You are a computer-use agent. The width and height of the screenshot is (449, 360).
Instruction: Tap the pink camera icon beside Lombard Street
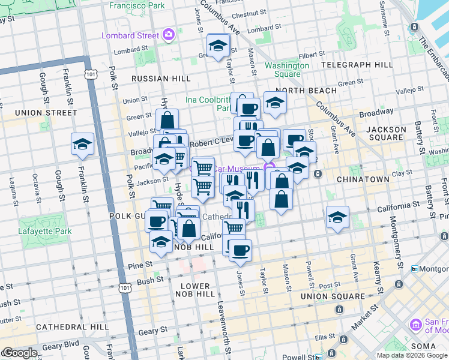click(168, 35)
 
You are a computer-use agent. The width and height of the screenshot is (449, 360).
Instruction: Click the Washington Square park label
click(283, 70)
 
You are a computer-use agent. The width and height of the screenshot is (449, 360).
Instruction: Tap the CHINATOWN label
click(360, 179)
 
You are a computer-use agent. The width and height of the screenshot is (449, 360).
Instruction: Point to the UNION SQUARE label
click(333, 296)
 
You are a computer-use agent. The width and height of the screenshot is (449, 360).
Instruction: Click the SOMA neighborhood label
click(427, 346)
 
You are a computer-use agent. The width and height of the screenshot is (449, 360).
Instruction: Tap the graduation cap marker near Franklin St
click(82, 144)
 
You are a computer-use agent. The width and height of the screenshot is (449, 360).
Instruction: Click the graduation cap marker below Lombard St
click(218, 46)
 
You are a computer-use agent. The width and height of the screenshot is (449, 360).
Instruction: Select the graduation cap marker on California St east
click(338, 218)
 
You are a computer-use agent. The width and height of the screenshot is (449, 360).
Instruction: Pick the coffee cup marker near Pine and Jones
click(240, 251)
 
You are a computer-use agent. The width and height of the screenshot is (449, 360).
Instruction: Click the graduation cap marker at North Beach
click(275, 103)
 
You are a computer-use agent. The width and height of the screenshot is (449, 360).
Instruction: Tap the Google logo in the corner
click(19, 353)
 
